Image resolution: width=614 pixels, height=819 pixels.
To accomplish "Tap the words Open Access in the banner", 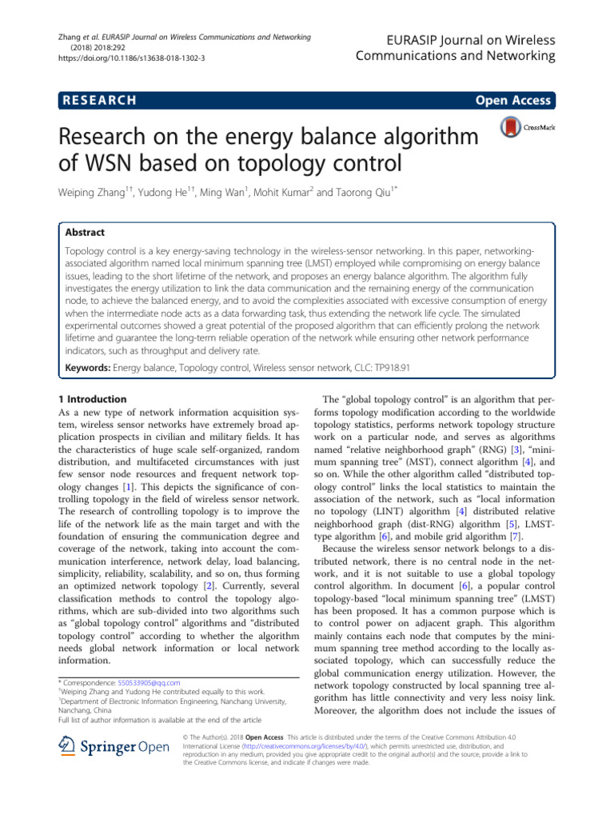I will [x=512, y=100].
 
